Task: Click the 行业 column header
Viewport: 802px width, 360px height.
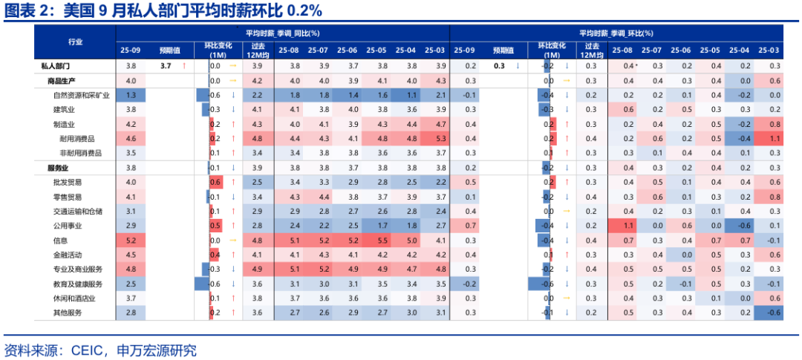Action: click(x=75, y=42)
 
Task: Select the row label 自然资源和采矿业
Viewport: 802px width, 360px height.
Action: click(x=82, y=95)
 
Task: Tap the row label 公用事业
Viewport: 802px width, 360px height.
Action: click(x=68, y=226)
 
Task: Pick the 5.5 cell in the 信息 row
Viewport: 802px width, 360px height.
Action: click(x=382, y=240)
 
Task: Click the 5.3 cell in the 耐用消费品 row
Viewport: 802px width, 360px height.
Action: click(x=440, y=139)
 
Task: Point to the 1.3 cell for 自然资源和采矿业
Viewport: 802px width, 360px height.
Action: click(x=131, y=95)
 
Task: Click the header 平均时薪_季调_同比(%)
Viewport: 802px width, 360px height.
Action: click(x=282, y=33)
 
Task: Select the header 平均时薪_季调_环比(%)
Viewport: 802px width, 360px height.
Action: click(x=616, y=33)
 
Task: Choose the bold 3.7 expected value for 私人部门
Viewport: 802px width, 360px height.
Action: click(x=166, y=66)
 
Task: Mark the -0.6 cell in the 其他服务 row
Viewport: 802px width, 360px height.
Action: click(x=775, y=312)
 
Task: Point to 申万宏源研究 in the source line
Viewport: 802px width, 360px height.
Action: click(x=157, y=349)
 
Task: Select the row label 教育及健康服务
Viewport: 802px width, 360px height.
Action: click(x=78, y=284)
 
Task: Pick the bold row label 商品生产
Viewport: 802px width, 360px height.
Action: click(x=62, y=80)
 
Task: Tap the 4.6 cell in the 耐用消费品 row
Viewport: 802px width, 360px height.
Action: click(x=131, y=139)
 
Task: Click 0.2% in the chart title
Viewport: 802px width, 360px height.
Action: click(x=304, y=10)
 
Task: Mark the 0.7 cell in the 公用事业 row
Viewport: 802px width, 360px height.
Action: click(x=470, y=226)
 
